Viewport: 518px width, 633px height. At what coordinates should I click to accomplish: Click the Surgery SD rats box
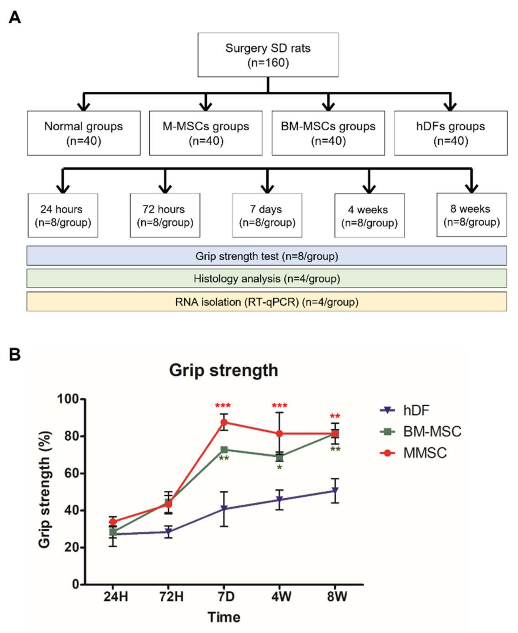[x=268, y=55]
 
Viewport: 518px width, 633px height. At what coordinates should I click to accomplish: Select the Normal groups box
[x=84, y=133]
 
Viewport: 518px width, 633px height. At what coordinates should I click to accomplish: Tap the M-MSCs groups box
[x=206, y=133]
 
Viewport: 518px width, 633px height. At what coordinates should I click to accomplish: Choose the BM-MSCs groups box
[x=328, y=133]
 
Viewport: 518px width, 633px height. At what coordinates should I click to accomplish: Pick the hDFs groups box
[x=451, y=133]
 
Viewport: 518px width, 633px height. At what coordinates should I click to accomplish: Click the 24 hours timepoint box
[x=63, y=215]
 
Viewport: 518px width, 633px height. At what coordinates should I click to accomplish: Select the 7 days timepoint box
[x=267, y=215]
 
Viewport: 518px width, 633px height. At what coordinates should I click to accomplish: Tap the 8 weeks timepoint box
[x=471, y=215]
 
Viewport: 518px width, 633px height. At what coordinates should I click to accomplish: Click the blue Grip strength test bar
[x=267, y=256]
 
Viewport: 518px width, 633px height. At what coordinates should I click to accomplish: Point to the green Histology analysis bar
[x=267, y=278]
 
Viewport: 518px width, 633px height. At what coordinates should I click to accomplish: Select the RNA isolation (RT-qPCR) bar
[x=267, y=302]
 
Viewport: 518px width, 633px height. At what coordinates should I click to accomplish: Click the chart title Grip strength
[x=224, y=370]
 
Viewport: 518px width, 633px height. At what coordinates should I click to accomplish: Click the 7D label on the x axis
[x=226, y=596]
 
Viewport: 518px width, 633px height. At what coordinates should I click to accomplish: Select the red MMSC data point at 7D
[x=224, y=422]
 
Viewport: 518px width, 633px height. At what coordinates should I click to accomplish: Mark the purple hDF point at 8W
[x=335, y=490]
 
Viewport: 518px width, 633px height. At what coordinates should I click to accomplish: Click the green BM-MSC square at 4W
[x=279, y=457]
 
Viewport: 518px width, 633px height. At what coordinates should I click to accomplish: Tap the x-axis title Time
[x=224, y=617]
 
